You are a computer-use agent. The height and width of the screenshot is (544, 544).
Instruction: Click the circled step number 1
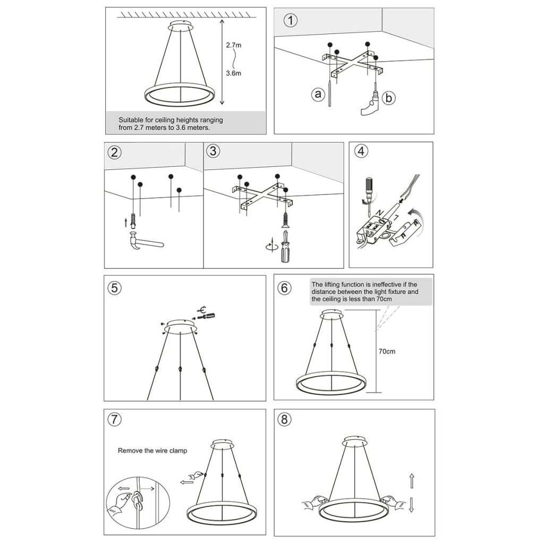click(x=291, y=21)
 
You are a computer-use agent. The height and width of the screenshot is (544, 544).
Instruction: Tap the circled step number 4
click(x=361, y=151)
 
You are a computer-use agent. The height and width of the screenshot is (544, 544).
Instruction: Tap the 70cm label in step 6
click(x=387, y=351)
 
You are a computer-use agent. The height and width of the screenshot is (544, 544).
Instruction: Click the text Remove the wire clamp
click(x=152, y=450)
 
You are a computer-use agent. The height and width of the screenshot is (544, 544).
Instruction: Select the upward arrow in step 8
click(x=411, y=482)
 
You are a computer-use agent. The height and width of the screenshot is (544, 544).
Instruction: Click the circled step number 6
click(x=285, y=288)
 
